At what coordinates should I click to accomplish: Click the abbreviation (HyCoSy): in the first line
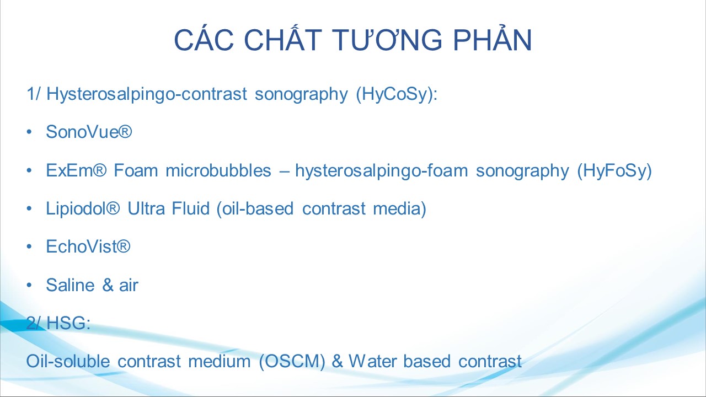tap(397, 94)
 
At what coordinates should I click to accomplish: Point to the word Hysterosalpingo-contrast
tap(147, 94)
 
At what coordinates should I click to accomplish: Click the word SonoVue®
tap(89, 132)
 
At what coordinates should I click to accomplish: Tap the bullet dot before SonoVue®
tap(29, 132)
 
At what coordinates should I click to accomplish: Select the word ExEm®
tap(76, 170)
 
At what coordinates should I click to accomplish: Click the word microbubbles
tap(218, 170)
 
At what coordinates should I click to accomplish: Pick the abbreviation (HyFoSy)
tap(614, 171)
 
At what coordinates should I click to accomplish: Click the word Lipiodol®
tap(83, 208)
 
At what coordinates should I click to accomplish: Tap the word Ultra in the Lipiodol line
tap(146, 208)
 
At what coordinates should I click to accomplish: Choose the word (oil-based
tap(255, 209)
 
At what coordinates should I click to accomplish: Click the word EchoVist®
tap(88, 246)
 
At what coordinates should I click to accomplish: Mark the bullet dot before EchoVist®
tap(29, 246)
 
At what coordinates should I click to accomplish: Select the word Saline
tap(70, 285)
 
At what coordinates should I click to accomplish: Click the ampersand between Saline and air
tap(108, 285)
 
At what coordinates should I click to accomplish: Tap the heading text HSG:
tap(68, 323)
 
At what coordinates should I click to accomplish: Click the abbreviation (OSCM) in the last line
tap(292, 361)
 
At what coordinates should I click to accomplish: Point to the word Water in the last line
tap(372, 361)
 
